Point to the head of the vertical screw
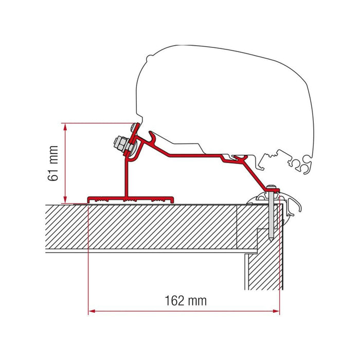[x=272, y=186]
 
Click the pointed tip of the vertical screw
[x=272, y=239]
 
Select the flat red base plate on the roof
[x=132, y=199]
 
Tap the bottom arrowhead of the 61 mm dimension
[x=65, y=200]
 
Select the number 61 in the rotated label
[x=52, y=173]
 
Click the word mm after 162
[x=197, y=300]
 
